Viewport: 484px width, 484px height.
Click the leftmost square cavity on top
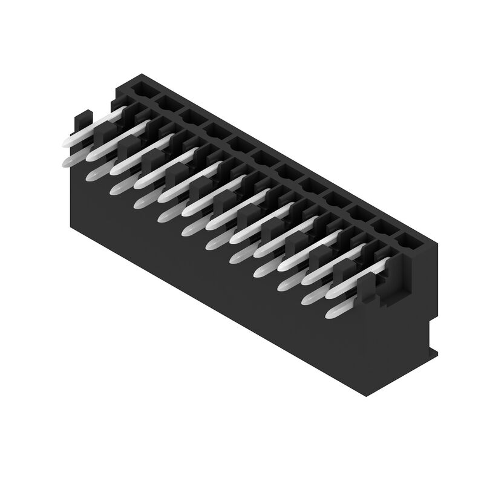point(141,90)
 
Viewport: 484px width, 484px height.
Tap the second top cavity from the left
point(165,103)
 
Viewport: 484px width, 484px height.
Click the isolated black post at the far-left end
point(82,121)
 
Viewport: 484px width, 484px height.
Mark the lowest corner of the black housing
point(367,394)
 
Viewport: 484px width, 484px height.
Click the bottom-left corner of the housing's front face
point(71,226)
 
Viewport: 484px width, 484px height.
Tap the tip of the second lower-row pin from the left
point(92,175)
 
